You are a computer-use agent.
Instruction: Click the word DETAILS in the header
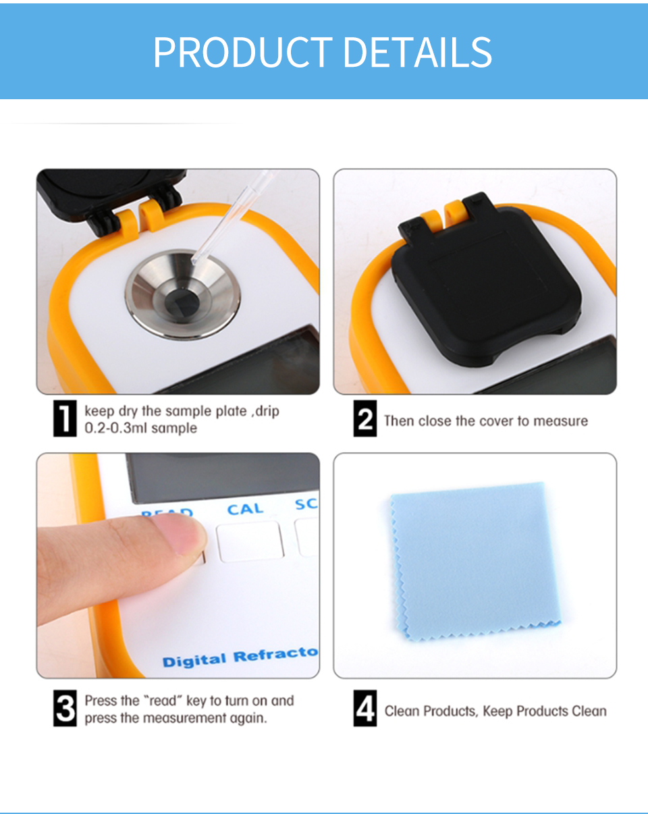pos(418,52)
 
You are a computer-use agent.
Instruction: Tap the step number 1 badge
pos(65,420)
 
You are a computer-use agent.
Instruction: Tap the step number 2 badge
pos(365,420)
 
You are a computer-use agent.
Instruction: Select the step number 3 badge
pos(65,709)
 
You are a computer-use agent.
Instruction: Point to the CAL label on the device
pos(245,509)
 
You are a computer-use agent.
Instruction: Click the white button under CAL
pos(250,541)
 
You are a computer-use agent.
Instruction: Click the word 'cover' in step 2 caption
pos(496,421)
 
